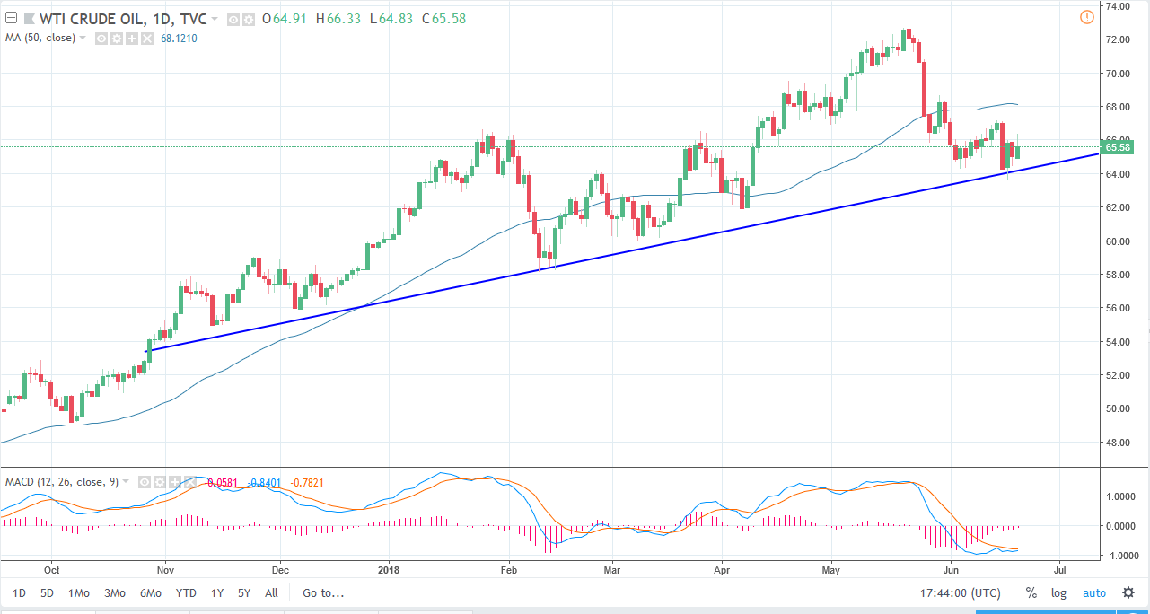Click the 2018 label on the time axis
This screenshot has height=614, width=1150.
(389, 569)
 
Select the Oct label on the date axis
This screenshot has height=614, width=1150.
(51, 569)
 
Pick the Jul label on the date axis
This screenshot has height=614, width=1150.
(1060, 569)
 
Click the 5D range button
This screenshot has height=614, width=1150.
(47, 593)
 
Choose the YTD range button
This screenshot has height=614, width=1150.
(186, 593)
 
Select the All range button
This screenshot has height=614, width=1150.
(271, 593)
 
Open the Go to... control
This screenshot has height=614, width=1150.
(323, 593)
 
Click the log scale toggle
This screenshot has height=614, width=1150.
(1059, 593)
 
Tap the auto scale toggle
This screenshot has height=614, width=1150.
(1093, 593)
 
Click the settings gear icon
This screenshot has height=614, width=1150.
(1127, 593)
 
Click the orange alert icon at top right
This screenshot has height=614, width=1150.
(1086, 17)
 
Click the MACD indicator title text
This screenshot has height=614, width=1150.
(59, 482)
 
